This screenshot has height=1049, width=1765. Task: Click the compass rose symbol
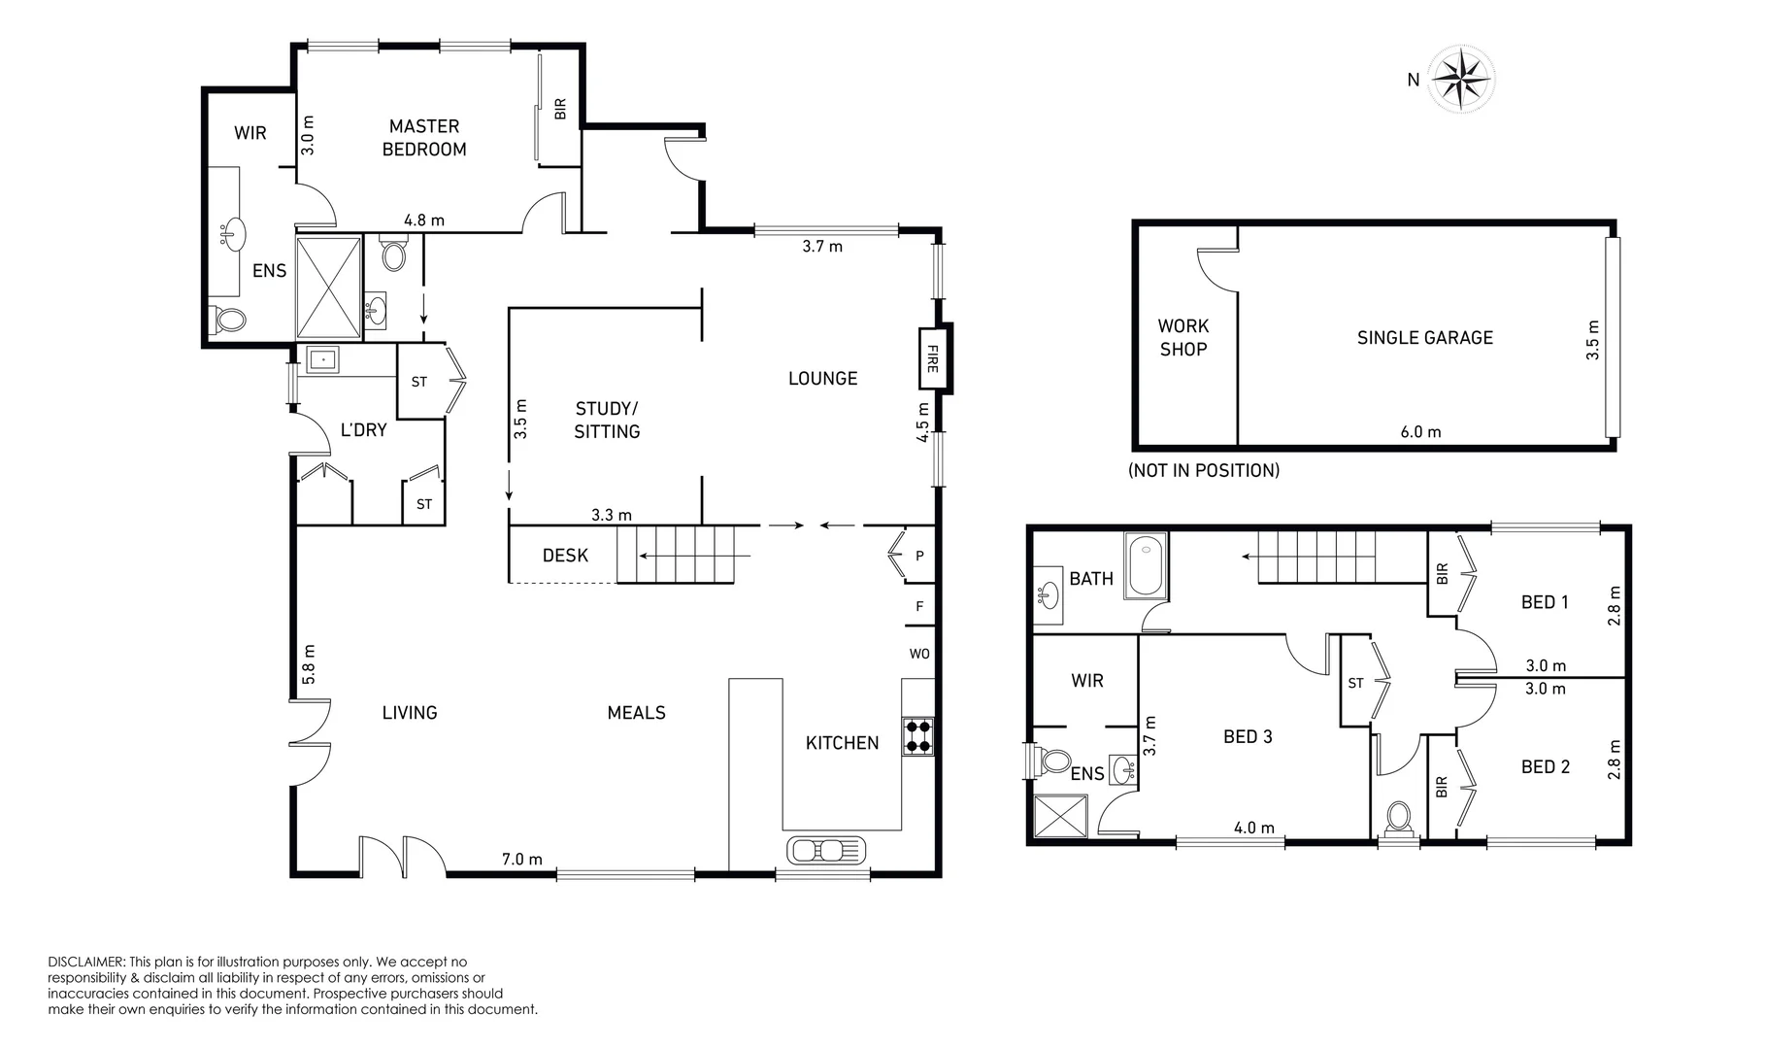pyautogui.click(x=1463, y=78)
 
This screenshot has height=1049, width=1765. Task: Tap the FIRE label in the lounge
pyautogui.click(x=932, y=358)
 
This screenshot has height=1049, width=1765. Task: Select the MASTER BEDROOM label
pyautogui.click(x=424, y=137)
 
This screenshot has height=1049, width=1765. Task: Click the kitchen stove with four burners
pyautogui.click(x=918, y=735)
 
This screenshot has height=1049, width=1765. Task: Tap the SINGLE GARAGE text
pyautogui.click(x=1424, y=338)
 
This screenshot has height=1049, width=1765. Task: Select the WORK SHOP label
pyautogui.click(x=1182, y=338)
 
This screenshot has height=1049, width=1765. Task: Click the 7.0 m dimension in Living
pyautogui.click(x=521, y=859)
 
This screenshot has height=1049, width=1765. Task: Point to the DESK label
pyautogui.click(x=565, y=556)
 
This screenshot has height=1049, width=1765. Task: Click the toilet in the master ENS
pyautogui.click(x=229, y=319)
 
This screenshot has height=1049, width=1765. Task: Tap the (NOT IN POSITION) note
pyautogui.click(x=1203, y=470)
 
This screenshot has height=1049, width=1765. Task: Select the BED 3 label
pyautogui.click(x=1248, y=736)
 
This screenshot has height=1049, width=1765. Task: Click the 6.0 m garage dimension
pyautogui.click(x=1420, y=432)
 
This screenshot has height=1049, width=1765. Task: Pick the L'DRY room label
pyautogui.click(x=363, y=429)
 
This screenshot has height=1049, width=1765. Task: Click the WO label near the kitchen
pyautogui.click(x=919, y=654)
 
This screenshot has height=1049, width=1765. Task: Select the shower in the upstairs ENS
pyautogui.click(x=1060, y=816)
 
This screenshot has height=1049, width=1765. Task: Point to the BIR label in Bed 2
pyautogui.click(x=1442, y=786)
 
